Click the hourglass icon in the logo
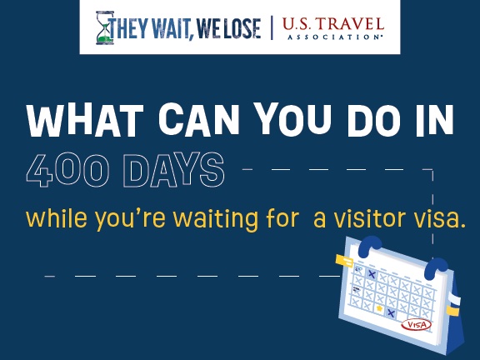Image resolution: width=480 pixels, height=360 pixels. [105, 27]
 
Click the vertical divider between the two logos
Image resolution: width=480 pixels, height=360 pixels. [272, 27]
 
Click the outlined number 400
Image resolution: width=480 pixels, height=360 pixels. [67, 170]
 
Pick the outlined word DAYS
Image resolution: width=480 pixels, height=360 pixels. [174, 170]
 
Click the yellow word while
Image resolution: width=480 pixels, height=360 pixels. [57, 218]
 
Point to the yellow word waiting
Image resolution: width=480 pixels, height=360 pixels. [216, 219]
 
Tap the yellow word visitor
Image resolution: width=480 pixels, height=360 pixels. [370, 218]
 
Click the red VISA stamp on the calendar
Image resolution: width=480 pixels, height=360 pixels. [416, 325]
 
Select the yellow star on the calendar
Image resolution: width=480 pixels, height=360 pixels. [379, 308]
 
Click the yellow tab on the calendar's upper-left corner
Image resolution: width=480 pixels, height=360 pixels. [344, 261]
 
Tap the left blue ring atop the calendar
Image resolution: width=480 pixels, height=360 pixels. [369, 246]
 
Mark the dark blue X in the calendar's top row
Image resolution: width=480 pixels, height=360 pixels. [372, 274]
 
